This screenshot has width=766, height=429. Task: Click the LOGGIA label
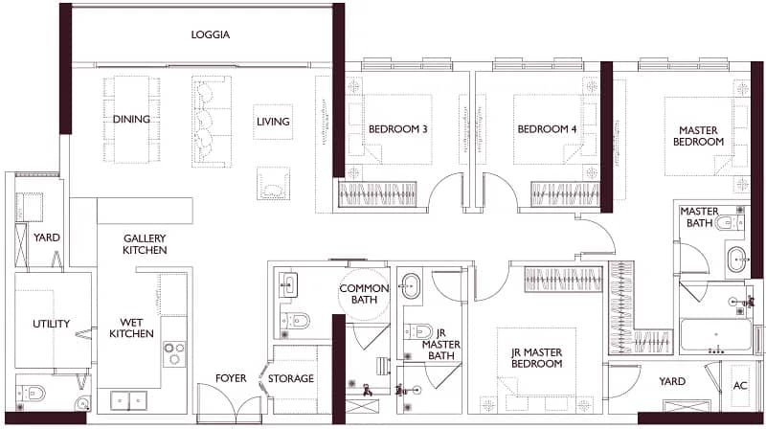[210, 34]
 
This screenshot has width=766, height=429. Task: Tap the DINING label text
[131, 119]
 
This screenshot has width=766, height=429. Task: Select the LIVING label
[273, 122]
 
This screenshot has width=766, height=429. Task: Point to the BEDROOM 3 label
[397, 129]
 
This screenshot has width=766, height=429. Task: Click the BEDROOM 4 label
[547, 129]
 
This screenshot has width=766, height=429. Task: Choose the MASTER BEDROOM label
[699, 136]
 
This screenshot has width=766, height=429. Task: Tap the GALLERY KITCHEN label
[145, 244]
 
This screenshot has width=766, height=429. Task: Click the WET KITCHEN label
[131, 327]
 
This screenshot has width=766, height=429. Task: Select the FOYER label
[231, 378]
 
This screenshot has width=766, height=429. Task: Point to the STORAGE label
[291, 378]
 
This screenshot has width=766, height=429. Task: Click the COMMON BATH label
[365, 294]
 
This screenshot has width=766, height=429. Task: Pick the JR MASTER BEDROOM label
[536, 358]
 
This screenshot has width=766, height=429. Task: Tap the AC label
[740, 385]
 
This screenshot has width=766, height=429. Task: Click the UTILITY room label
[52, 324]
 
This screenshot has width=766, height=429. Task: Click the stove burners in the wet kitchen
[174, 353]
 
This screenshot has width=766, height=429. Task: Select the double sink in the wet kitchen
[129, 400]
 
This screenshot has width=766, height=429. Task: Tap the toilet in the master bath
[729, 223]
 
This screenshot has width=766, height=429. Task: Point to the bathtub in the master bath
[715, 335]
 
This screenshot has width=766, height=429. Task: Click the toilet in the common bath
[295, 321]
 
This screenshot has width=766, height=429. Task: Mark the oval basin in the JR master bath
[410, 285]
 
